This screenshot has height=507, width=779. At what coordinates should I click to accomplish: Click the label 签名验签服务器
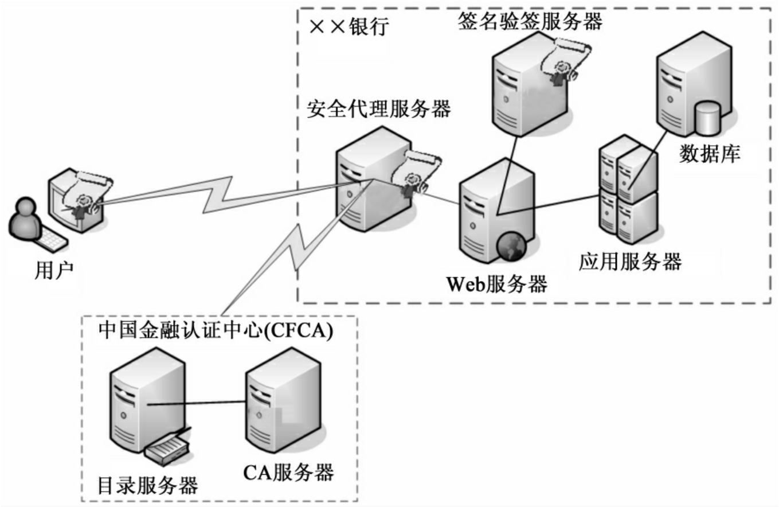click(x=530, y=21)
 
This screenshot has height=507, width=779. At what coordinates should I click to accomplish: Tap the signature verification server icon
click(x=524, y=86)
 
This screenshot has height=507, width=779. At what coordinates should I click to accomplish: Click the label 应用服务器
click(x=630, y=262)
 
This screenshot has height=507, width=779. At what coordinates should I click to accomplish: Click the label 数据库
click(x=710, y=154)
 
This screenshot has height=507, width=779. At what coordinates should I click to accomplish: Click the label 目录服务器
click(x=148, y=485)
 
